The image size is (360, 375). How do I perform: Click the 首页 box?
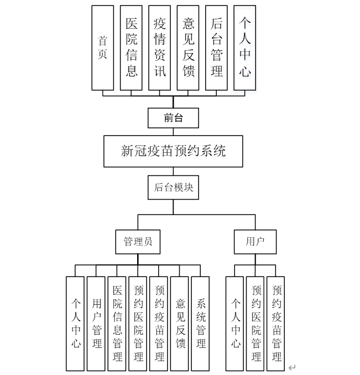(x=102, y=48)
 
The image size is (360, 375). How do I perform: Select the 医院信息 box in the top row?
(x=132, y=48)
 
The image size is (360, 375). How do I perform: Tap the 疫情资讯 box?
(x=160, y=48)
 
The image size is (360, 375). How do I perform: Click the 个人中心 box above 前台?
(x=245, y=48)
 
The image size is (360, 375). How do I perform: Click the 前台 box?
(x=173, y=117)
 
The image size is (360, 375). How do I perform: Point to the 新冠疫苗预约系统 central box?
(x=173, y=151)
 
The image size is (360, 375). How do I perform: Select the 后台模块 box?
(x=173, y=187)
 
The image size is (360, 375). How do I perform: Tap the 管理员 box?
(x=138, y=241)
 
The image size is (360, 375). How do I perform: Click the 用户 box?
(x=255, y=241)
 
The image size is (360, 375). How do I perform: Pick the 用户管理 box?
(x=97, y=324)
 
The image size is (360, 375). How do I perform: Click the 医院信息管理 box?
(x=117, y=324)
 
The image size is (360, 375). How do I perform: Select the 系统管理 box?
(x=200, y=324)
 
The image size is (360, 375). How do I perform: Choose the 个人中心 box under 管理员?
(x=76, y=324)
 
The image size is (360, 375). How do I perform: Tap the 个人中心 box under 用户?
(x=236, y=324)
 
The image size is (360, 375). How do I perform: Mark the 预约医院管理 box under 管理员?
(x=138, y=324)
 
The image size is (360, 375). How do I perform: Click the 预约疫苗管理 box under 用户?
(x=276, y=324)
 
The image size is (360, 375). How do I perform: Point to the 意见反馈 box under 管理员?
(x=180, y=324)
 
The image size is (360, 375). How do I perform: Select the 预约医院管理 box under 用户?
(x=256, y=324)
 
